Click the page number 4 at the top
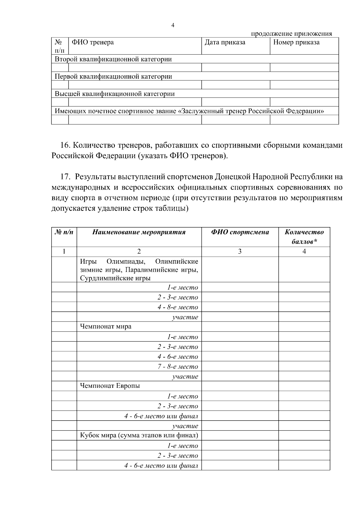(173, 25)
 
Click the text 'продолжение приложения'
(291, 34)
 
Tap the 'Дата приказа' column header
(225, 42)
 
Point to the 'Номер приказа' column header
(296, 42)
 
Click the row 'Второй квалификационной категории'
(113, 59)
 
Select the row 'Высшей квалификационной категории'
(115, 94)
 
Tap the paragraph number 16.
(65, 146)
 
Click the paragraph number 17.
(65, 177)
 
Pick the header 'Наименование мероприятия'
(139, 232)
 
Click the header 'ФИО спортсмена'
(240, 232)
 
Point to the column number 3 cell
(240, 252)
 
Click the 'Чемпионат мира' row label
(106, 326)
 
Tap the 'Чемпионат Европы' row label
(110, 386)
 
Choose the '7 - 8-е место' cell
(178, 367)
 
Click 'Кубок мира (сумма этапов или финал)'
(139, 435)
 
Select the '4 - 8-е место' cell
(178, 307)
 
